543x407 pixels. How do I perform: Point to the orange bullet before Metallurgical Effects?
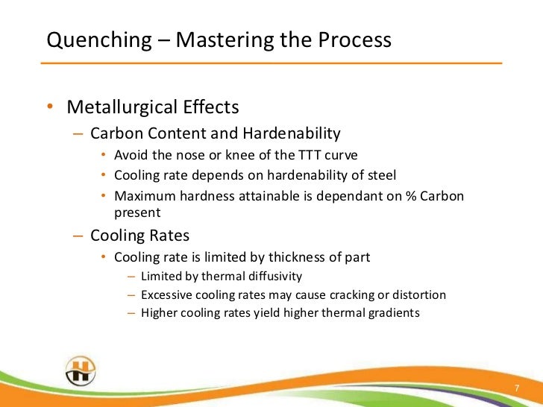pyautogui.click(x=49, y=108)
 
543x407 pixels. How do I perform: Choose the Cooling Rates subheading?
pyautogui.click(x=139, y=236)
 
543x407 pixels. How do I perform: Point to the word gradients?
pyautogui.click(x=393, y=313)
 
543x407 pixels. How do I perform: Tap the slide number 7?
pyautogui.click(x=517, y=390)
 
